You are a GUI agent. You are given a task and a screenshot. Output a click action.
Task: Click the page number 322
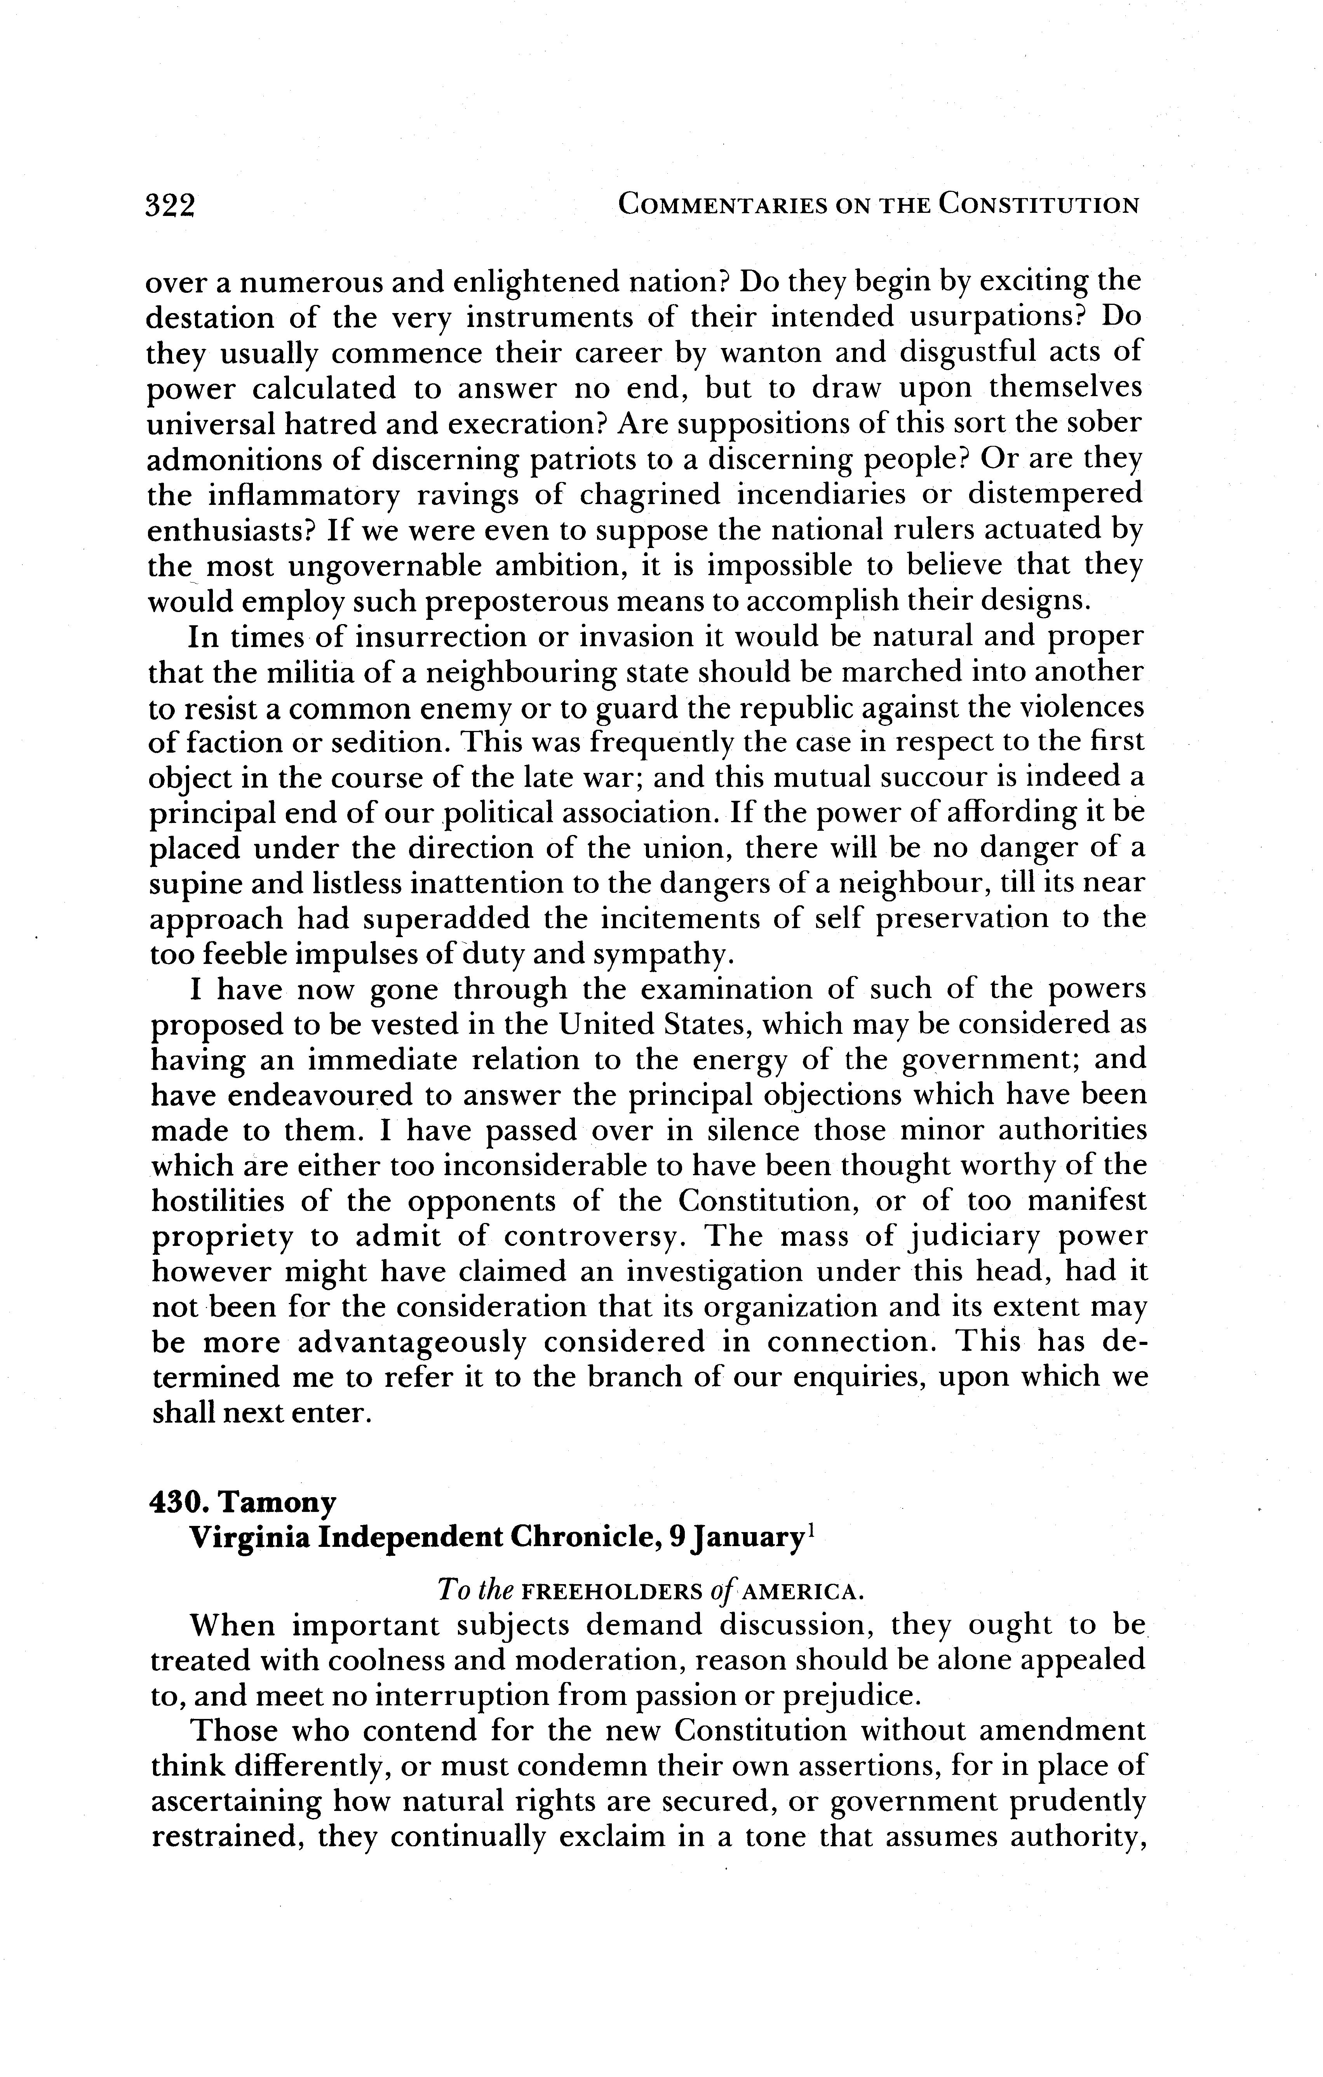pyautogui.click(x=172, y=205)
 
